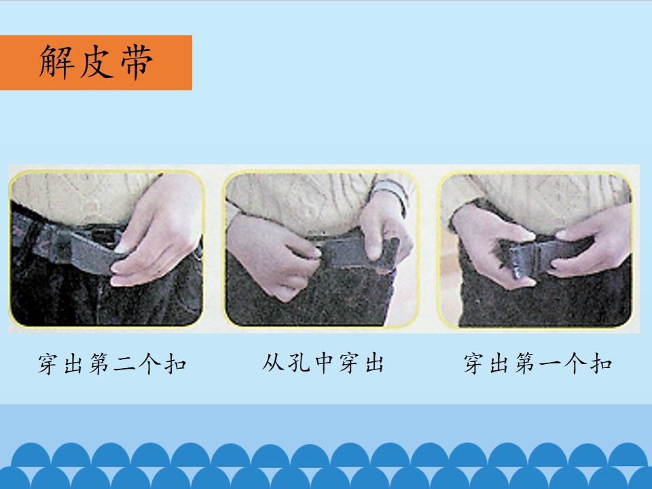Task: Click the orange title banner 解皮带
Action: pyautogui.click(x=96, y=62)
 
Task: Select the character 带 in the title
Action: pyautogui.click(x=137, y=62)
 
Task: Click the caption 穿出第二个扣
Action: pyautogui.click(x=112, y=363)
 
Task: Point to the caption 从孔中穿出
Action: pyautogui.click(x=323, y=363)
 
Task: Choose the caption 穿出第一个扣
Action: pyautogui.click(x=538, y=363)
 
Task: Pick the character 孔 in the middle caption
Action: pyautogui.click(x=299, y=363)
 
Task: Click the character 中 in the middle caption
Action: pyautogui.click(x=323, y=363)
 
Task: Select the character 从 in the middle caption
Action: pyautogui.click(x=273, y=363)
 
